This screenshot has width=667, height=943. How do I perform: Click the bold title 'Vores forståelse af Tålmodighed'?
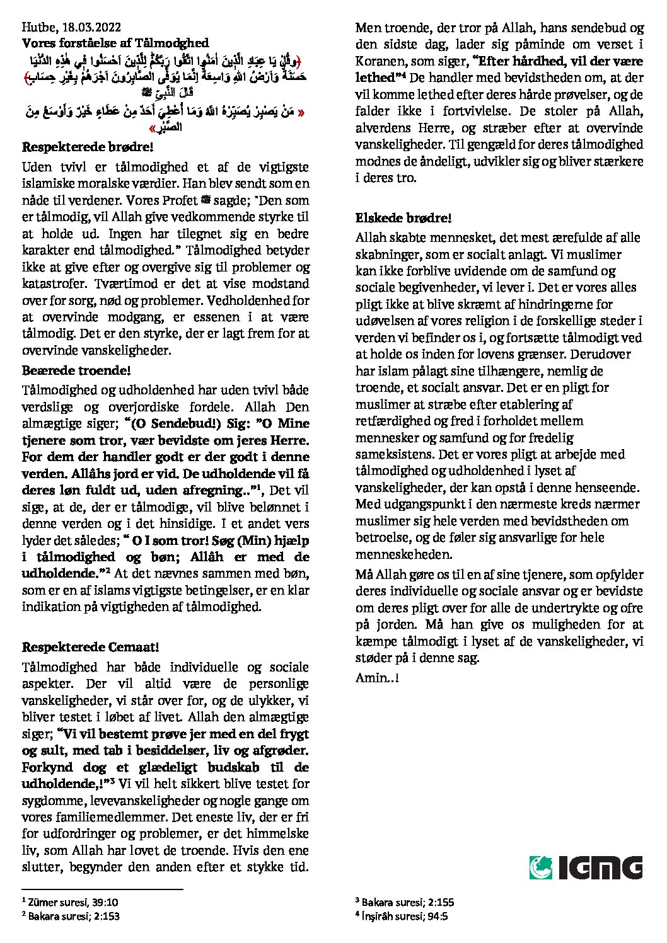(x=115, y=43)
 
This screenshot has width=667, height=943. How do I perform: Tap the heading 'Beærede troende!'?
(x=76, y=370)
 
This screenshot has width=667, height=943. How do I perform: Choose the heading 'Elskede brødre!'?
(x=403, y=219)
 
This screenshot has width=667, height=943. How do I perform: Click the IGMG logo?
(x=586, y=867)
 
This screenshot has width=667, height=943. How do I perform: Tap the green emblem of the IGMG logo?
(x=541, y=867)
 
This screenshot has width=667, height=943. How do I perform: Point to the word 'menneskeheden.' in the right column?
(x=403, y=555)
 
